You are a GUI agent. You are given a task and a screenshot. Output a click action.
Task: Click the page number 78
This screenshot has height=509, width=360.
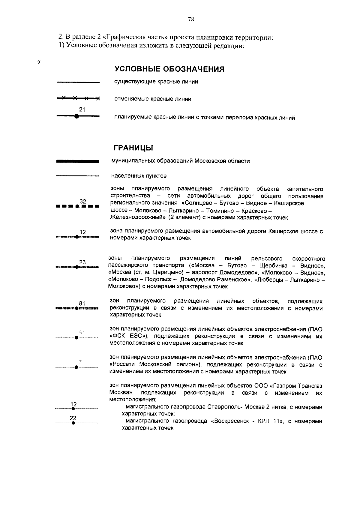point(191,19)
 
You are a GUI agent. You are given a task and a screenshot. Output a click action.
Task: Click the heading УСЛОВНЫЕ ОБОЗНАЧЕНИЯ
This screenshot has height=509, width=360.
point(169,69)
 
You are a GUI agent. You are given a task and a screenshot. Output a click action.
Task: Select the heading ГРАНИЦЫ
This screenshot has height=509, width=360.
point(133,148)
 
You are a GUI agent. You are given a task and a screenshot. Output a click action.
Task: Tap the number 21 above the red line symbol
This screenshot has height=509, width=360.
point(82,109)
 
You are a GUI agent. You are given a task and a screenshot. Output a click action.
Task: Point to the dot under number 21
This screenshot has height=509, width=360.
point(76,116)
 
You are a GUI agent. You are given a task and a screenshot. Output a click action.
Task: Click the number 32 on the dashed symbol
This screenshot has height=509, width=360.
point(83,201)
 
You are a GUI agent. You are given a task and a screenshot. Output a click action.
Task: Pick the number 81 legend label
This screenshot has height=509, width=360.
point(82,304)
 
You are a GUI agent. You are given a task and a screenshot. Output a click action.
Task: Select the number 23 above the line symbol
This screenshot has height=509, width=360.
point(82,262)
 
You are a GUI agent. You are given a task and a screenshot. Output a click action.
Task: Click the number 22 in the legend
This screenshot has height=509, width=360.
point(73,418)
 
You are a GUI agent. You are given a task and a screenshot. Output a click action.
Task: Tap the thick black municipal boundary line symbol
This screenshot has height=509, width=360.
point(78,161)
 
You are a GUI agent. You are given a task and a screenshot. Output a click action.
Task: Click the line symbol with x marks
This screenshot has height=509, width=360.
point(78,98)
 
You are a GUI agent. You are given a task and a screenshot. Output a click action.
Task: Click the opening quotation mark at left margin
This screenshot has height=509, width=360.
point(38,62)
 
